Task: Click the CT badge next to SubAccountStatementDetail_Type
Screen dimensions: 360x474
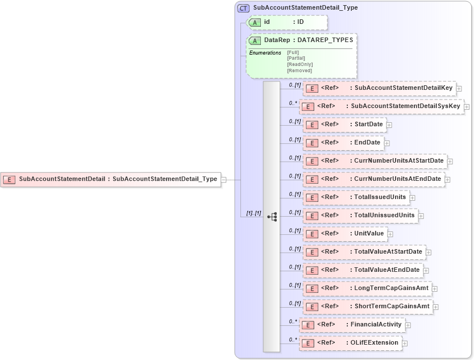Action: pyautogui.click(x=244, y=8)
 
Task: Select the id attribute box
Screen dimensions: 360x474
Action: pyautogui.click(x=288, y=22)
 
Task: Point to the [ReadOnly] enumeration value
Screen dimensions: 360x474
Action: pyautogui.click(x=300, y=64)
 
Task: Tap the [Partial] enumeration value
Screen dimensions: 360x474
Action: pyautogui.click(x=296, y=58)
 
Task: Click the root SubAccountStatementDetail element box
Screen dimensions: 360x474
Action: pyautogui.click(x=111, y=179)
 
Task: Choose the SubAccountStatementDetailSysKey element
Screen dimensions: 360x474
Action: pyautogui.click(x=381, y=106)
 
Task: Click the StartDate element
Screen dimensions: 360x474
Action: pyautogui.click(x=344, y=125)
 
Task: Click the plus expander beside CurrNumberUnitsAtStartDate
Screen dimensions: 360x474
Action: pyautogui.click(x=450, y=162)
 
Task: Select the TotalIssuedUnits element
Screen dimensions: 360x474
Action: pyautogui.click(x=356, y=197)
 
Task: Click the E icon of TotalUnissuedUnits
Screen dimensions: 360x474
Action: pyautogui.click(x=311, y=216)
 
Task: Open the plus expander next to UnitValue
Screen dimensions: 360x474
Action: pyautogui.click(x=390, y=234)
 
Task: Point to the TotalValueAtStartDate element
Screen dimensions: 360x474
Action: pyautogui.click(x=364, y=252)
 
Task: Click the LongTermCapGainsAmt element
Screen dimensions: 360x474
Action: pyautogui.click(x=367, y=288)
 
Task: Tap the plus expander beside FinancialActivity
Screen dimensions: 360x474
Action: pyautogui.click(x=408, y=325)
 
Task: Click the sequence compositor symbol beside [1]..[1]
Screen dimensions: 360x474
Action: pyautogui.click(x=272, y=217)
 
